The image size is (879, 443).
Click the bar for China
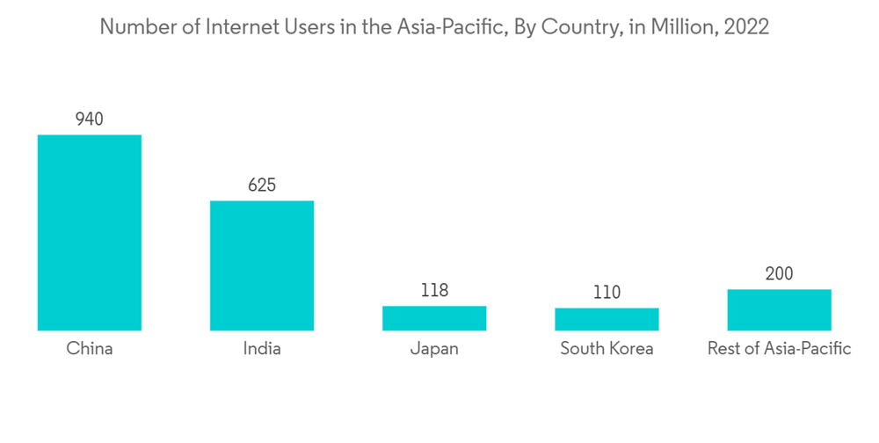89,232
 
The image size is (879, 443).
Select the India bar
261,265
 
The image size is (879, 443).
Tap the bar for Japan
434,318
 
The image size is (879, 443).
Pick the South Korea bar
607,319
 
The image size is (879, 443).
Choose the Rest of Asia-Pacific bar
779,309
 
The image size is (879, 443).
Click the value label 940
89,119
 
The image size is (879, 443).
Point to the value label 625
261,185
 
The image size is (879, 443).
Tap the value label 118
434,290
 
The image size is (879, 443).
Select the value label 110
607,292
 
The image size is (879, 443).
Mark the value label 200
779,273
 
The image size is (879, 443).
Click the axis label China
89,349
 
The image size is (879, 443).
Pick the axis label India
261,349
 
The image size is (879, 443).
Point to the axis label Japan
434,350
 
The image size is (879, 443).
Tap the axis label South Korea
607,349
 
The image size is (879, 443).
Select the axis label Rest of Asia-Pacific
779,349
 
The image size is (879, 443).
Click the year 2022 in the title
746,27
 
